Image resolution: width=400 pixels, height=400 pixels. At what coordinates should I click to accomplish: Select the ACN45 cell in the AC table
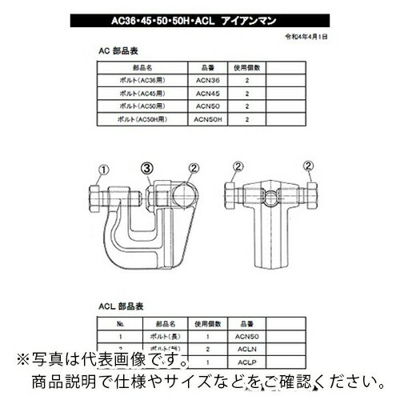(204, 94)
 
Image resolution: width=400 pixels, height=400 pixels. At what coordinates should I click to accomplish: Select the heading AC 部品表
(114, 48)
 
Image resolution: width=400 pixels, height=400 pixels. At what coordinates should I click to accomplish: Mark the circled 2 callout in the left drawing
(193, 169)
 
